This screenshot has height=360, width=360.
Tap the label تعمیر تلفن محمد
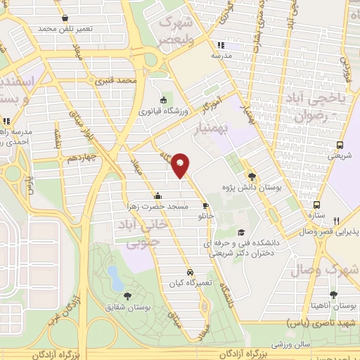point(66,29)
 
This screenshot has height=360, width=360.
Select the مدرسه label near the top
point(224,54)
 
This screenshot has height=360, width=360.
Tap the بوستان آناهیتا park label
point(334,307)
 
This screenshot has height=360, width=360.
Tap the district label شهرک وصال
point(333,270)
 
